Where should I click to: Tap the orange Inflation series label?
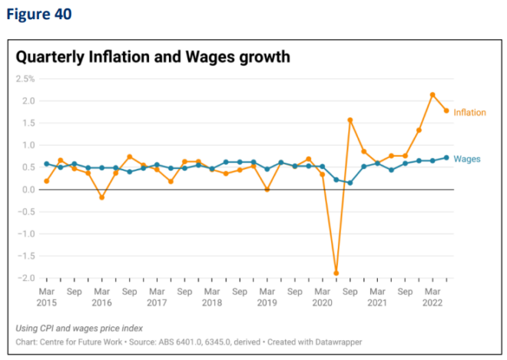pos(469,112)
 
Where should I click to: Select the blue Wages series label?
pos(467,159)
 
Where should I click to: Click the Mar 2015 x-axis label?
pos(47,297)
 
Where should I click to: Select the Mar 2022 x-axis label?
pos(432,297)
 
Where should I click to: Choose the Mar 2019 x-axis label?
pos(267,297)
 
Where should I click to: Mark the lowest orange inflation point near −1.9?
pos(336,273)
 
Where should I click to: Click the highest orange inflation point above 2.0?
pos(432,95)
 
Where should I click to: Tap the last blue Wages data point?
pos(446,157)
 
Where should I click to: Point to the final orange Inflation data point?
pos(446,111)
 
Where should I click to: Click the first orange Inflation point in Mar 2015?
pos(47,181)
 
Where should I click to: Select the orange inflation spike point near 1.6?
pos(350,120)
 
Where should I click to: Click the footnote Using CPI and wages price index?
pos(79,328)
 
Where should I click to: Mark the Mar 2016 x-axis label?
pos(101,297)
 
